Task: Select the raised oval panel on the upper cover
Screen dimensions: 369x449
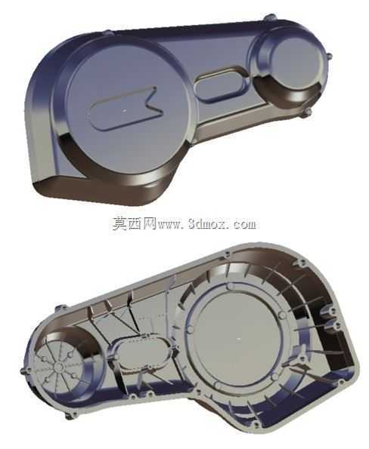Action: tap(220, 85)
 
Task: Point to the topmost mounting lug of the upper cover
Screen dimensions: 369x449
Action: tap(269, 17)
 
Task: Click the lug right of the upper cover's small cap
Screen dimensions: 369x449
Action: tap(329, 56)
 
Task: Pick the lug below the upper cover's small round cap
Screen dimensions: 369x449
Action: tap(307, 112)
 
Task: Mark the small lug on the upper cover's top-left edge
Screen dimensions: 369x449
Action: tap(108, 33)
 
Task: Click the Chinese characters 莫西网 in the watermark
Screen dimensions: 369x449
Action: tap(135, 223)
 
